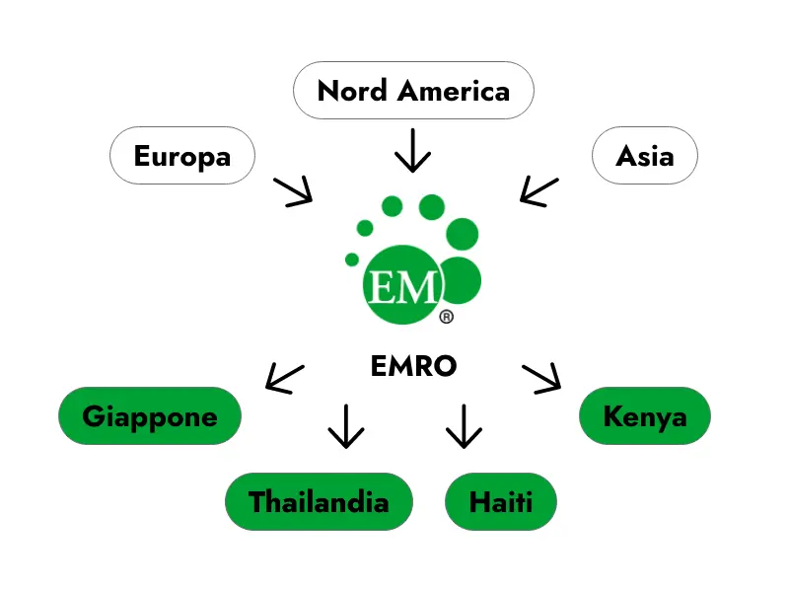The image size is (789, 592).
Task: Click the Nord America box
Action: [413, 91]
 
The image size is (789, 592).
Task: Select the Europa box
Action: [181, 155]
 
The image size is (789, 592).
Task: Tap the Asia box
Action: [644, 155]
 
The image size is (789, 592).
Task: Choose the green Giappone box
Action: [150, 415]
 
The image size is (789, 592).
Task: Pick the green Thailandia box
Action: [319, 501]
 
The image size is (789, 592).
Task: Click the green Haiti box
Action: [501, 501]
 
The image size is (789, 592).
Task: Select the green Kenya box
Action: [644, 415]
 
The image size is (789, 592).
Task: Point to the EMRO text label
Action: [413, 366]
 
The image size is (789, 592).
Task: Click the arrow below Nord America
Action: [413, 150]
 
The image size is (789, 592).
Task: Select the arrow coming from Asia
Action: [538, 191]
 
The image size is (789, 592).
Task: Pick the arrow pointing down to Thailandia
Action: [345, 425]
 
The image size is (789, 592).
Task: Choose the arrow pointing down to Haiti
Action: [463, 425]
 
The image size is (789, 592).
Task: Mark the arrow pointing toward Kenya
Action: [541, 377]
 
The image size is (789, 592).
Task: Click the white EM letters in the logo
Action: [401, 287]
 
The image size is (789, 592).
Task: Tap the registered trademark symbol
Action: [446, 317]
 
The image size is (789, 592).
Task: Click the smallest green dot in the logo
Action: [352, 259]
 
